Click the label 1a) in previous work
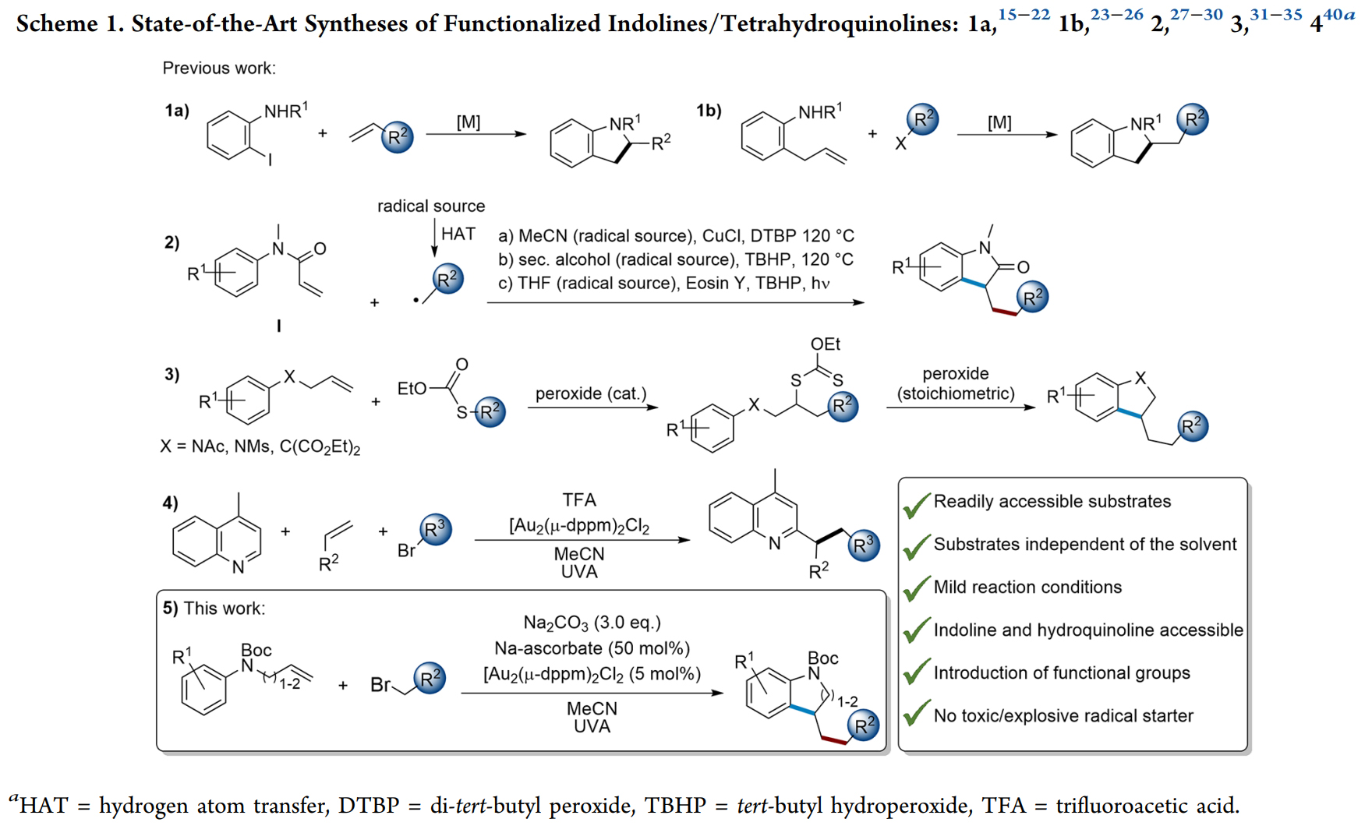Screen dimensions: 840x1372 click(177, 111)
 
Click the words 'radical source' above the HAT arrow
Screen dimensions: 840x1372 click(431, 206)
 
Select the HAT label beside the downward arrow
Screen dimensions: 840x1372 click(458, 234)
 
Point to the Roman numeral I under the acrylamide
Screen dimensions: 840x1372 click(278, 326)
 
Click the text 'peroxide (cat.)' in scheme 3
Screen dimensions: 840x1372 click(591, 394)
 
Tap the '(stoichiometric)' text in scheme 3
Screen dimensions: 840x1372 click(956, 394)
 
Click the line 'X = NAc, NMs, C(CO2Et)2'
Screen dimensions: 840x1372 click(260, 447)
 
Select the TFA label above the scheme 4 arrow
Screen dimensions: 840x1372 click(579, 499)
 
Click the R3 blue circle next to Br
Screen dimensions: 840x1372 click(435, 530)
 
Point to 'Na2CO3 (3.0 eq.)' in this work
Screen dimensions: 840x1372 click(592, 623)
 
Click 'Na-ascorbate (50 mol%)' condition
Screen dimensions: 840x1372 click(592, 648)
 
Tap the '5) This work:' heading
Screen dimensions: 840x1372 click(214, 609)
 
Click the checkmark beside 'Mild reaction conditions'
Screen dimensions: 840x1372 click(917, 588)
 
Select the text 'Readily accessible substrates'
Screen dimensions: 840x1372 click(1052, 501)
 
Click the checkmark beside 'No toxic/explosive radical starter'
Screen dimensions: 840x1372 click(917, 713)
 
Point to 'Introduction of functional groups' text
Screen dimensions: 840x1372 click(1062, 673)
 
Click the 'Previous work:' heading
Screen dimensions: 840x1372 click(219, 69)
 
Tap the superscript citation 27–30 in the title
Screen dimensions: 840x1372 click(1196, 15)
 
